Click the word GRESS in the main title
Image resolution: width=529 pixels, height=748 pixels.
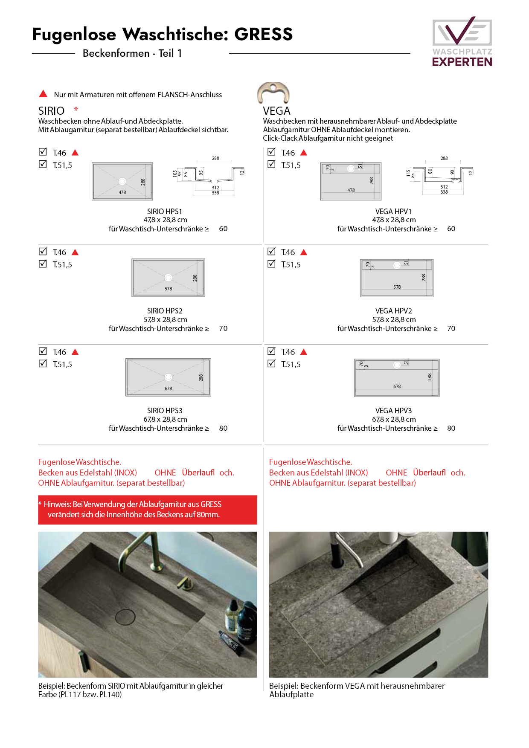point(264,34)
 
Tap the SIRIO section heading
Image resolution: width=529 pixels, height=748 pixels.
point(51,111)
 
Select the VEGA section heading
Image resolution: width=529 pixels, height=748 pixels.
point(276,111)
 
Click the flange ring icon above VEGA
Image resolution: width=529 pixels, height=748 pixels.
point(273,92)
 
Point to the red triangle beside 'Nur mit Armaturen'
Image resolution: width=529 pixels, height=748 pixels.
point(43,94)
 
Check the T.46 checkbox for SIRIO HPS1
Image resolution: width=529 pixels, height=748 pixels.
point(43,152)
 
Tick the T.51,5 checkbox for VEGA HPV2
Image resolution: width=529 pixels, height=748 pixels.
point(271,264)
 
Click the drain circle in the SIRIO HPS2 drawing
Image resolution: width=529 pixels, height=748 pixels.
point(169,278)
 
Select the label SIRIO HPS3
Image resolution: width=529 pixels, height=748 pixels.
point(165,411)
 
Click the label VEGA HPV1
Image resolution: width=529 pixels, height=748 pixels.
point(393,212)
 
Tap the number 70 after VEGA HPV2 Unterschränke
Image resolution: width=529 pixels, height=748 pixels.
point(451,328)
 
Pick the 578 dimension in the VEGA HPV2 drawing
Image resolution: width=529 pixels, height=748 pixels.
point(397,287)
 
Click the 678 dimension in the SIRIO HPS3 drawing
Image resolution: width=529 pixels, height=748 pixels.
point(169,388)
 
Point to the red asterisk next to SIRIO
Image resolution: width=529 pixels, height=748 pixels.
point(76,110)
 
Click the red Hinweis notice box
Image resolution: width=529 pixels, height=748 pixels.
point(147,510)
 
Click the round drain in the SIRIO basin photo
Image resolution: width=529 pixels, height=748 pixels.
point(125,617)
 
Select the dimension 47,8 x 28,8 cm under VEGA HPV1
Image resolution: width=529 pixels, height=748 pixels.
point(393,220)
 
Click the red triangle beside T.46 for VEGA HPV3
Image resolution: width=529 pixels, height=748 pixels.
point(304,352)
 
